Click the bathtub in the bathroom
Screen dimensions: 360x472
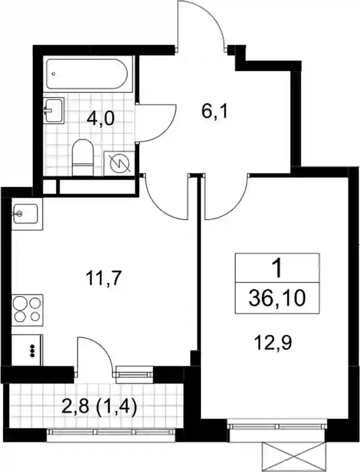point(87,74)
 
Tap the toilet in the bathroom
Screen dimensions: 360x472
point(83,157)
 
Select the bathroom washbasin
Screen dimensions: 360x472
point(54,110)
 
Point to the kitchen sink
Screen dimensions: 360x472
point(26,214)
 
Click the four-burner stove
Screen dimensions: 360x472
point(27,310)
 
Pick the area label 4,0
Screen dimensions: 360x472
point(100,119)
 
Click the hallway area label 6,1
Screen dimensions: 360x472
point(215,112)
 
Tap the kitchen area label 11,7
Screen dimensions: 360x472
point(103,279)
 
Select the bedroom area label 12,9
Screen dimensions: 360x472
point(273,342)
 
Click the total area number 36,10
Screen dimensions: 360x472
point(277,298)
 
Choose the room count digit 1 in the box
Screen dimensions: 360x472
point(278,269)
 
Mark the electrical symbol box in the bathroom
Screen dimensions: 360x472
point(119,163)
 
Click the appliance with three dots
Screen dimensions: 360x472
point(27,350)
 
